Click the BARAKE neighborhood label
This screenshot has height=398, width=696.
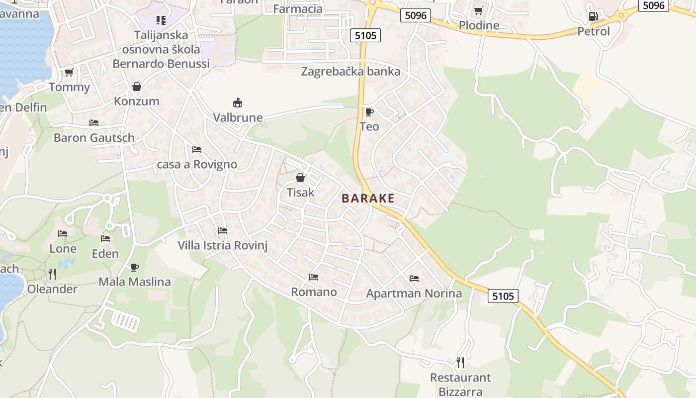[x=368, y=199]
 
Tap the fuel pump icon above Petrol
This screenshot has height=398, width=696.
[x=593, y=16]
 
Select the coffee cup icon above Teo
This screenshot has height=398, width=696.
[x=369, y=112]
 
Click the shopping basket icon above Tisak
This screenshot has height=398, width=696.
[x=300, y=178]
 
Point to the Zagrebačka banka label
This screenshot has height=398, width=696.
[x=350, y=72]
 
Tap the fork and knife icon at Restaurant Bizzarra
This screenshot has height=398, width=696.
[x=460, y=362]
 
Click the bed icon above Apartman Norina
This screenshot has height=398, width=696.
[x=414, y=279]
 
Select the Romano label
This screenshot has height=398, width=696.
[x=314, y=292]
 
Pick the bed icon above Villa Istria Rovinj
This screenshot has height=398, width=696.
[x=222, y=231]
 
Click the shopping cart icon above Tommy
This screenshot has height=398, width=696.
[x=69, y=73]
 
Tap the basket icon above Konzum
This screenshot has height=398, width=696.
[x=136, y=87]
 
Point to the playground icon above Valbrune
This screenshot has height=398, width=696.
[x=238, y=103]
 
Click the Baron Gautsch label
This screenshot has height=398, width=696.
[x=94, y=138]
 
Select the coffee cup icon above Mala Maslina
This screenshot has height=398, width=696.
[x=134, y=267]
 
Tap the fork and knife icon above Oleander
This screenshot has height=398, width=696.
[x=52, y=274]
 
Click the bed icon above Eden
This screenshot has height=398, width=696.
[x=105, y=239]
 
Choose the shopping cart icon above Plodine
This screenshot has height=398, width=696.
[x=478, y=10]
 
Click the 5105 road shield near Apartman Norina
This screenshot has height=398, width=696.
[x=503, y=297]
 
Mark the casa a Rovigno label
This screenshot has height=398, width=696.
[x=197, y=165]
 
